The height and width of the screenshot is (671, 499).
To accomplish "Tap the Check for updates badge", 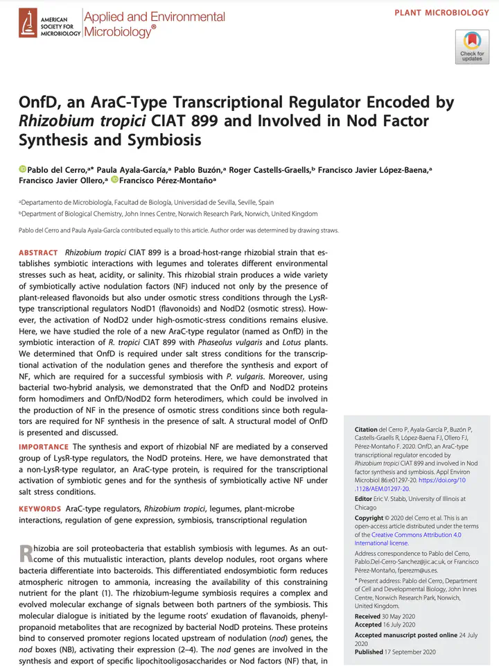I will (472, 46).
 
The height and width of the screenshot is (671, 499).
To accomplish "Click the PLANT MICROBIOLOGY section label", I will (441, 13).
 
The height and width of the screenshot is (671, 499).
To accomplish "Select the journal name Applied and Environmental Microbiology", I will (153, 24).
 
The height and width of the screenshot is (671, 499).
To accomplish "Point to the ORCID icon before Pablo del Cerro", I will (22, 169).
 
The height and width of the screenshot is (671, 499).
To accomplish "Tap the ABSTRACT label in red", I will (38, 253).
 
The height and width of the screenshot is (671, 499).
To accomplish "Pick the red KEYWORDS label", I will (40, 509).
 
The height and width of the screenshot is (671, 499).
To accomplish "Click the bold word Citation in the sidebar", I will (365, 430).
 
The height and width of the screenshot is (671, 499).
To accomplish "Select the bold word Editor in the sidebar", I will (363, 499).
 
